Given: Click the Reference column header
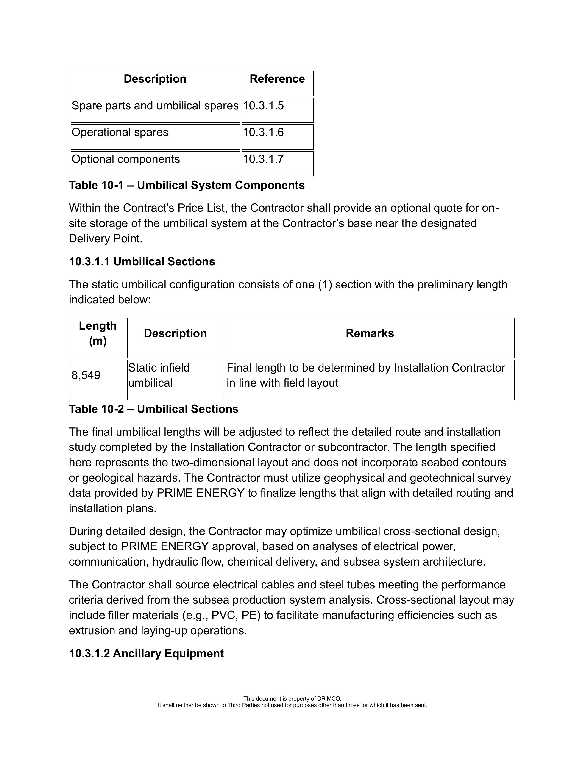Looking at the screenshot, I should pos(277,79).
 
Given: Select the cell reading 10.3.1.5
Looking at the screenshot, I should pos(263,106).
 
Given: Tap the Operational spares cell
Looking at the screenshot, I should pos(120,132).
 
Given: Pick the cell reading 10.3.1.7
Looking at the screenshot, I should pos(263,159).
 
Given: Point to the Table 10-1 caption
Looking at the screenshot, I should pos(187,186).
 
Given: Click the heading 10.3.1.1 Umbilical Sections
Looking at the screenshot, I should pos(142,261).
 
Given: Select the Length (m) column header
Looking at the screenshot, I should pos(98,333).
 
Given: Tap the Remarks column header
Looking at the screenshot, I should pos(370,333).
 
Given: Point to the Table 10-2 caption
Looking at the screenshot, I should pos(154,409).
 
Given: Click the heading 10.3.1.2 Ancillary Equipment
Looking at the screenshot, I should pos(146,653).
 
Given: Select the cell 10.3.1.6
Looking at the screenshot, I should pos(263,132).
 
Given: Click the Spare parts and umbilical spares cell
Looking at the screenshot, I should pos(155,106).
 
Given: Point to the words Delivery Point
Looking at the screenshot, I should pos(106,239).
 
